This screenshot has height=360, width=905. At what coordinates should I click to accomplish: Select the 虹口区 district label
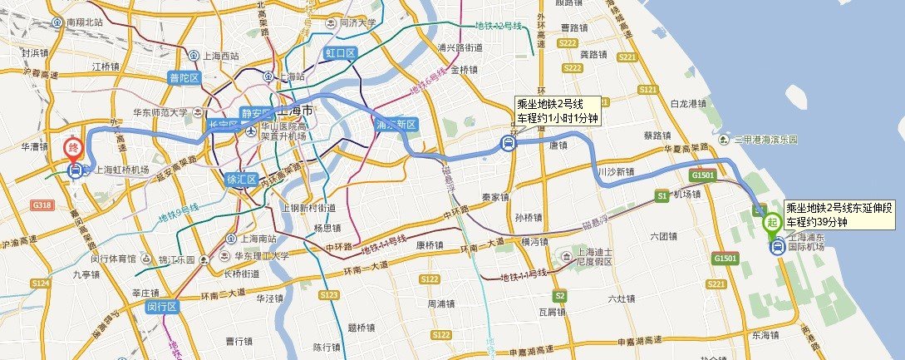click(339, 53)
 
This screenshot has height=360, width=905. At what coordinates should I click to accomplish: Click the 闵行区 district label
click(163, 308)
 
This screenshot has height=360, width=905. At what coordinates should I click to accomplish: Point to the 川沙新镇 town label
click(616, 172)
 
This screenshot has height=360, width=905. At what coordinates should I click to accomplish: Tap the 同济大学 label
click(358, 22)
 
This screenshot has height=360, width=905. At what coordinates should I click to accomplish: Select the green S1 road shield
click(662, 196)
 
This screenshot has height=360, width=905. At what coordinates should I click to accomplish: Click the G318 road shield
click(39, 204)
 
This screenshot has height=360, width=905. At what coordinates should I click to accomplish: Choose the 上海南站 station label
click(252, 236)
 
